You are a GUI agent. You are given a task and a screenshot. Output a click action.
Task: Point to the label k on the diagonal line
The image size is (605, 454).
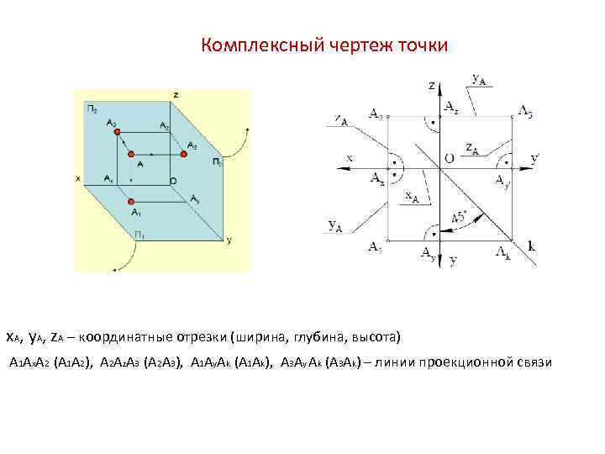(x=531, y=245)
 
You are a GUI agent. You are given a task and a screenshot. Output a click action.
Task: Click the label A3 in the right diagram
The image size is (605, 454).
(x=525, y=113)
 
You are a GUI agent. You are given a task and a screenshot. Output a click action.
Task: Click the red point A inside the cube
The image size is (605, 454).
(x=131, y=155)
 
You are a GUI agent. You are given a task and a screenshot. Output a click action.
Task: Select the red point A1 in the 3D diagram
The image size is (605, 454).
(x=131, y=202)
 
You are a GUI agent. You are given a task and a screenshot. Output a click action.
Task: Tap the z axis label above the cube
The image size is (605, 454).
(x=176, y=94)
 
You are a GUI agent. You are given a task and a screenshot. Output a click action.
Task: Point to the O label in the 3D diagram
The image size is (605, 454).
(x=173, y=181)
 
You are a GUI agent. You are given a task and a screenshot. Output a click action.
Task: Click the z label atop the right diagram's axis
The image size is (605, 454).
(x=431, y=85)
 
